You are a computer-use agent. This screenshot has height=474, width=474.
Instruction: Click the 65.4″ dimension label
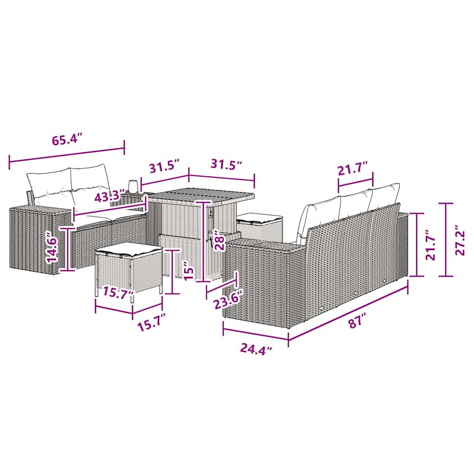point(67,140)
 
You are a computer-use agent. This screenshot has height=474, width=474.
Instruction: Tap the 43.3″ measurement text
point(110,197)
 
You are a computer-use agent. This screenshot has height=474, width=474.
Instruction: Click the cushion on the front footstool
point(128,250)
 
